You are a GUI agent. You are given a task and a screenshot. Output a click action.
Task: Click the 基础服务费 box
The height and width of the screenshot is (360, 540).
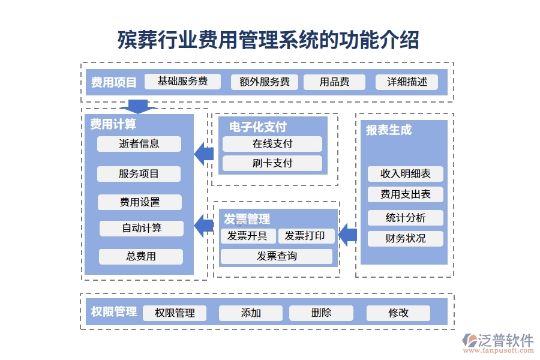pyautogui.click(x=182, y=82)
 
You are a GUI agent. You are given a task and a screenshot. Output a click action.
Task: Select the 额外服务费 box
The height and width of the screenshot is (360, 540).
pyautogui.click(x=265, y=82)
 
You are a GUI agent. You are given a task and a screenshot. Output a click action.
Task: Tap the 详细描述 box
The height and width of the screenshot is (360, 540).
pyautogui.click(x=407, y=82)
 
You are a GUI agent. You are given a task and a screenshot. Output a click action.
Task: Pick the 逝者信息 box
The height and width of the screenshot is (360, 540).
pyautogui.click(x=139, y=144)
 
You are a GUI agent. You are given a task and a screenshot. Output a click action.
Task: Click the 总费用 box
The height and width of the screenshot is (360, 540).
pyautogui.click(x=141, y=256)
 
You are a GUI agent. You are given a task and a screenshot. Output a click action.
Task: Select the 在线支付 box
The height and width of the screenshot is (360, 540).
pyautogui.click(x=272, y=144)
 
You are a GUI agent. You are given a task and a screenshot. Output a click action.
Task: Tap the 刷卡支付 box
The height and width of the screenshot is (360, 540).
pyautogui.click(x=272, y=163)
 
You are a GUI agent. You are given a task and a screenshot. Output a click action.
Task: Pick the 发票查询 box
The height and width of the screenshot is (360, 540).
pyautogui.click(x=277, y=256)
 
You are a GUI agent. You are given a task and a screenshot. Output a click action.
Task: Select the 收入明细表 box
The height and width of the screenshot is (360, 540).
pyautogui.click(x=406, y=174)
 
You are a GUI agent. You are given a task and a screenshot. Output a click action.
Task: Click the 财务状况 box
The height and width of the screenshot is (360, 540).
pyautogui.click(x=406, y=238)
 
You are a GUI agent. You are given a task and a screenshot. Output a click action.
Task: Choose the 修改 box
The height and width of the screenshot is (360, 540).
pyautogui.click(x=398, y=313)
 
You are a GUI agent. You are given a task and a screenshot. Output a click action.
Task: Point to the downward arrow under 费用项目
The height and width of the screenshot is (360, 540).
pyautogui.click(x=138, y=106)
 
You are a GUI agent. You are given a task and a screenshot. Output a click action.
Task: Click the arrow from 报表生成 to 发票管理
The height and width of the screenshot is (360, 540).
pyautogui.click(x=347, y=235)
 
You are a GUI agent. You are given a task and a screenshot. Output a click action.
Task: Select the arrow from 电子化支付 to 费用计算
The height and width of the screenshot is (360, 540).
pyautogui.click(x=204, y=154)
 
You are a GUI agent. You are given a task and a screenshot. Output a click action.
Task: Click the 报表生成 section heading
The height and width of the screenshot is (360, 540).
pyautogui.click(x=389, y=130)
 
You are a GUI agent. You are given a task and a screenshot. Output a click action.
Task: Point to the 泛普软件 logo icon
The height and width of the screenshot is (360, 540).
pyautogui.click(x=469, y=343)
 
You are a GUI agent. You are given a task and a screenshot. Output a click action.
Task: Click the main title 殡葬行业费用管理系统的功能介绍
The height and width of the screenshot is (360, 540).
pyautogui.click(x=268, y=41)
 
